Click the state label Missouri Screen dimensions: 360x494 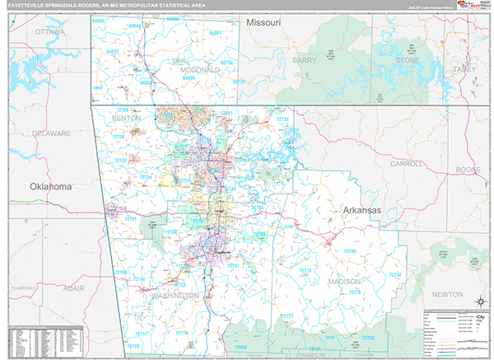[x=263, y=22]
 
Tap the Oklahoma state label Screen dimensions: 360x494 [x=51, y=187]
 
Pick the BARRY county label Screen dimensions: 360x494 [x=304, y=60]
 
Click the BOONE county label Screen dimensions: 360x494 [x=468, y=170]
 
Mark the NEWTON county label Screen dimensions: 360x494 [x=447, y=293]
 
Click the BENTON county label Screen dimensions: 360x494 [x=126, y=118]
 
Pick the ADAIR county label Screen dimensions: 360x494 [x=74, y=289]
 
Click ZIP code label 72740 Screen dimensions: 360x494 [x=350, y=250]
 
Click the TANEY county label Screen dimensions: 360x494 [x=464, y=69]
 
